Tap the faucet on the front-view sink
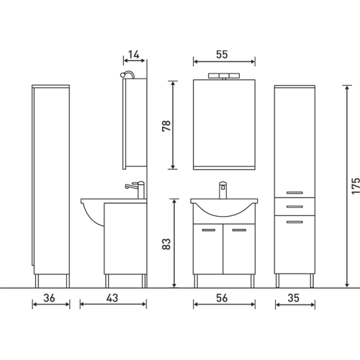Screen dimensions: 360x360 click(224, 190)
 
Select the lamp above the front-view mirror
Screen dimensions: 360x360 click(224, 76)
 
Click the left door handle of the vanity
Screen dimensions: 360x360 click(209, 230)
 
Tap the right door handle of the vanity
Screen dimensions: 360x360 click(239, 230)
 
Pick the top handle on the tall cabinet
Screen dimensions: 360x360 click(296, 192)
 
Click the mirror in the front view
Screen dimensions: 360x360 click(224, 122)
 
